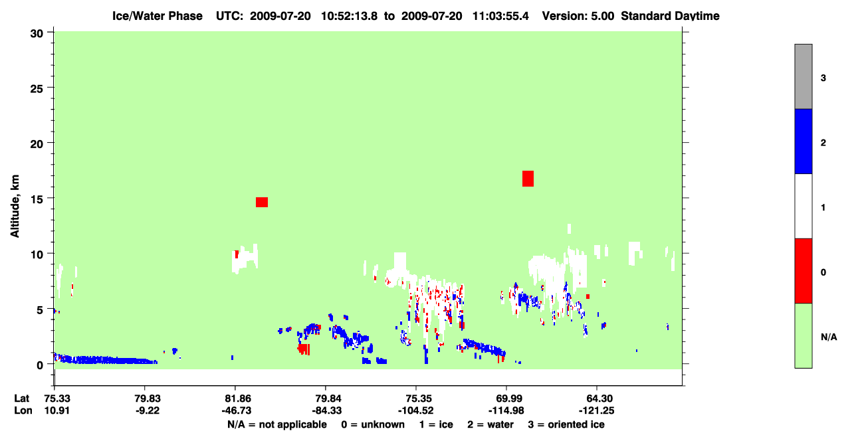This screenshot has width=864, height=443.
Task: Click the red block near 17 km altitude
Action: pyautogui.click(x=528, y=179)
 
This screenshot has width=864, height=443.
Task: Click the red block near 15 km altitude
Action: pyautogui.click(x=261, y=202)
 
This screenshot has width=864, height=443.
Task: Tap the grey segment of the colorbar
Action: pyautogui.click(x=803, y=76)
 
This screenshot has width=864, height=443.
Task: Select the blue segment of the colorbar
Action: pyautogui.click(x=803, y=141)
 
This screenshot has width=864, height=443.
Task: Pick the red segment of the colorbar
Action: pyautogui.click(x=803, y=271)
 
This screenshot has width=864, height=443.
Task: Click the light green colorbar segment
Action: pyautogui.click(x=803, y=335)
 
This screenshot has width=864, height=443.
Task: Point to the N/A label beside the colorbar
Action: pyautogui.click(x=829, y=337)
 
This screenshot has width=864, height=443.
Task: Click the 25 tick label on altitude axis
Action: pyautogui.click(x=37, y=89)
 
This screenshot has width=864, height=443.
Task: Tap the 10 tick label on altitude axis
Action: pyautogui.click(x=37, y=254)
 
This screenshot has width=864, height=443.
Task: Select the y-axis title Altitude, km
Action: pyautogui.click(x=15, y=206)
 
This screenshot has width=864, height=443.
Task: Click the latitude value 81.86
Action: pyautogui.click(x=237, y=399)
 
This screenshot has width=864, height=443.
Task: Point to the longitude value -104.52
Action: pyautogui.click(x=416, y=410)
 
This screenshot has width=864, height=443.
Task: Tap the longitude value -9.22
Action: pyautogui.click(x=148, y=410)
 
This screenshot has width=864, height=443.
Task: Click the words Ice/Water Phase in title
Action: pyautogui.click(x=158, y=16)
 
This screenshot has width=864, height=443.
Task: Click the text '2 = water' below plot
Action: pyautogui.click(x=490, y=424)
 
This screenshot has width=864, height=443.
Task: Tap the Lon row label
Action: pyautogui.click(x=23, y=410)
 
